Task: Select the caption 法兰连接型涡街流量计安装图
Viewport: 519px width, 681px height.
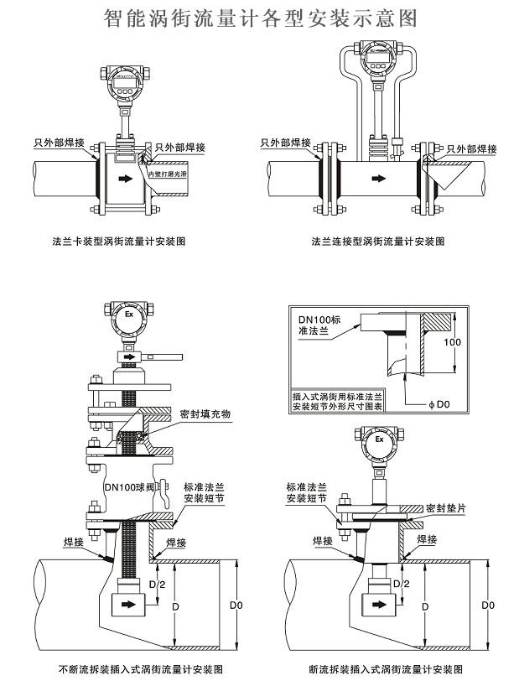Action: coord(378,242)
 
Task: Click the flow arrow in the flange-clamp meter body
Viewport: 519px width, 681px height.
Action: coord(124,178)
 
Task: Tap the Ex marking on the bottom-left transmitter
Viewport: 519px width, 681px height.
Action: coord(129,315)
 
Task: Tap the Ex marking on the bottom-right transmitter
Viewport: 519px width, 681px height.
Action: coord(379,438)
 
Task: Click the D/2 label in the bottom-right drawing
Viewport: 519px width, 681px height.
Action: coord(401,584)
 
